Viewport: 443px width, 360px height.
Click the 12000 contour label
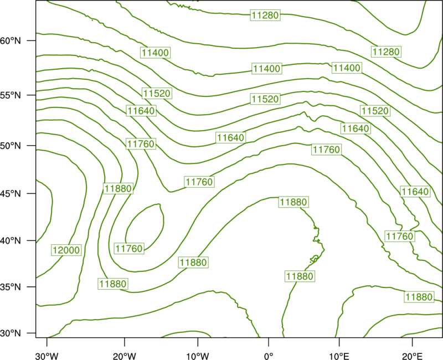(66, 250)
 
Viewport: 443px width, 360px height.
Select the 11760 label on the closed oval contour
(129, 248)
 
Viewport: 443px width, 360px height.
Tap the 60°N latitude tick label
(11, 40)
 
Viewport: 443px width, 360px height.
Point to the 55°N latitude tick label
(11, 95)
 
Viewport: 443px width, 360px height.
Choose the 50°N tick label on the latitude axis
(11, 146)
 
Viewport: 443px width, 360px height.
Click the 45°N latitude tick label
(11, 193)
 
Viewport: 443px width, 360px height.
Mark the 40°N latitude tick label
(11, 241)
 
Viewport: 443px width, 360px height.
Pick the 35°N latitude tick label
(11, 287)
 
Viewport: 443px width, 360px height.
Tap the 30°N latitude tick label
(11, 333)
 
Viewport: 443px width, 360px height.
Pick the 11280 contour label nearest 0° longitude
(265, 15)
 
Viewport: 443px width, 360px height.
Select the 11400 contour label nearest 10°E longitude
(347, 68)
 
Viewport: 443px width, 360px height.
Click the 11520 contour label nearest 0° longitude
(265, 99)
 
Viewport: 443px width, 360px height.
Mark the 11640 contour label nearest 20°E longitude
(415, 192)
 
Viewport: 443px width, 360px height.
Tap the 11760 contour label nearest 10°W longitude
(199, 182)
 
